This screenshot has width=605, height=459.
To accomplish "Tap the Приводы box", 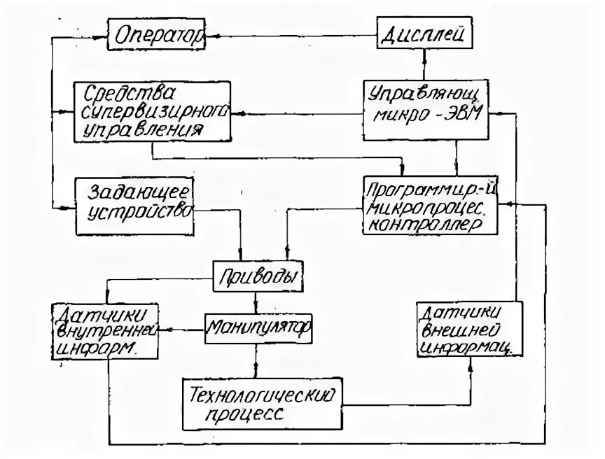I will click(257, 276).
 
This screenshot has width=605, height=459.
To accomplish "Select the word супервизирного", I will click(154, 111).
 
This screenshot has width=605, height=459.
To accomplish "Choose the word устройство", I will click(141, 211).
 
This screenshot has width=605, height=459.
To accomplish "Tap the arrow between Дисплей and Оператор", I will click(291, 35).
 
